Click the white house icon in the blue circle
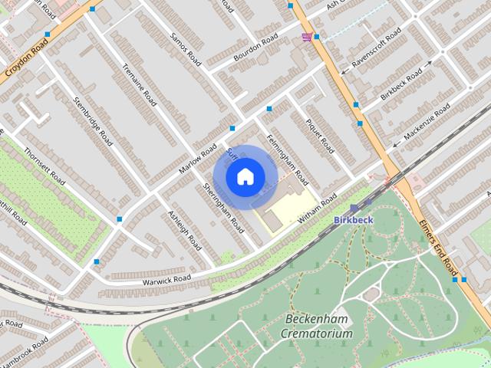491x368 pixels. pyautogui.click(x=244, y=176)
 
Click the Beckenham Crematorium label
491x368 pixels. pyautogui.click(x=316, y=326)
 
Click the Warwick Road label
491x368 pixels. pyautogui.click(x=166, y=278)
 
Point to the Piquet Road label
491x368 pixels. pyautogui.click(x=320, y=132)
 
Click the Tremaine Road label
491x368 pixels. pyautogui.click(x=140, y=84)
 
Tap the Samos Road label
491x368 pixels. pyautogui.click(x=186, y=48)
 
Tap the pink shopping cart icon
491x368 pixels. pyautogui.click(x=307, y=37)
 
